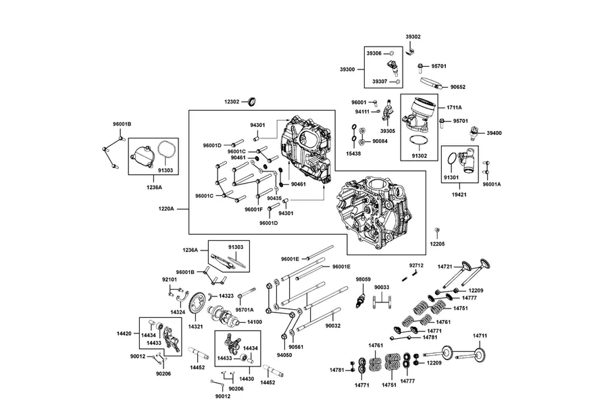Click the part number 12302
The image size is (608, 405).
coord(232,102)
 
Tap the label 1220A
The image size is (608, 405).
coord(166,209)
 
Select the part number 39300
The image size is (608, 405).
coord(347,70)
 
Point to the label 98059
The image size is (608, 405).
coord(363,279)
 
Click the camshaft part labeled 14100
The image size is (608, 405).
coord(222,315)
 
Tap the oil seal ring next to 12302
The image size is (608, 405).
coord(253,102)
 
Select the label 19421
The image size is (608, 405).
coord(459,194)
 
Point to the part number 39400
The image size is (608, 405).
coord(495,133)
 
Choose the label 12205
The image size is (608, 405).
coord(437,244)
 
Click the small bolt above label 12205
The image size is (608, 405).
coord(437,232)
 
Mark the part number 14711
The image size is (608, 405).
coord(480,336)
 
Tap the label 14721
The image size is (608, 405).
coord(445,267)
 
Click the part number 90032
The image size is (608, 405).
coord(332,325)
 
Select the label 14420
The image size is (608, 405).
coord(124,333)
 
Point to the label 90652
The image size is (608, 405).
coord(458,87)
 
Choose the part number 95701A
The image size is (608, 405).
coord(245,310)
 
